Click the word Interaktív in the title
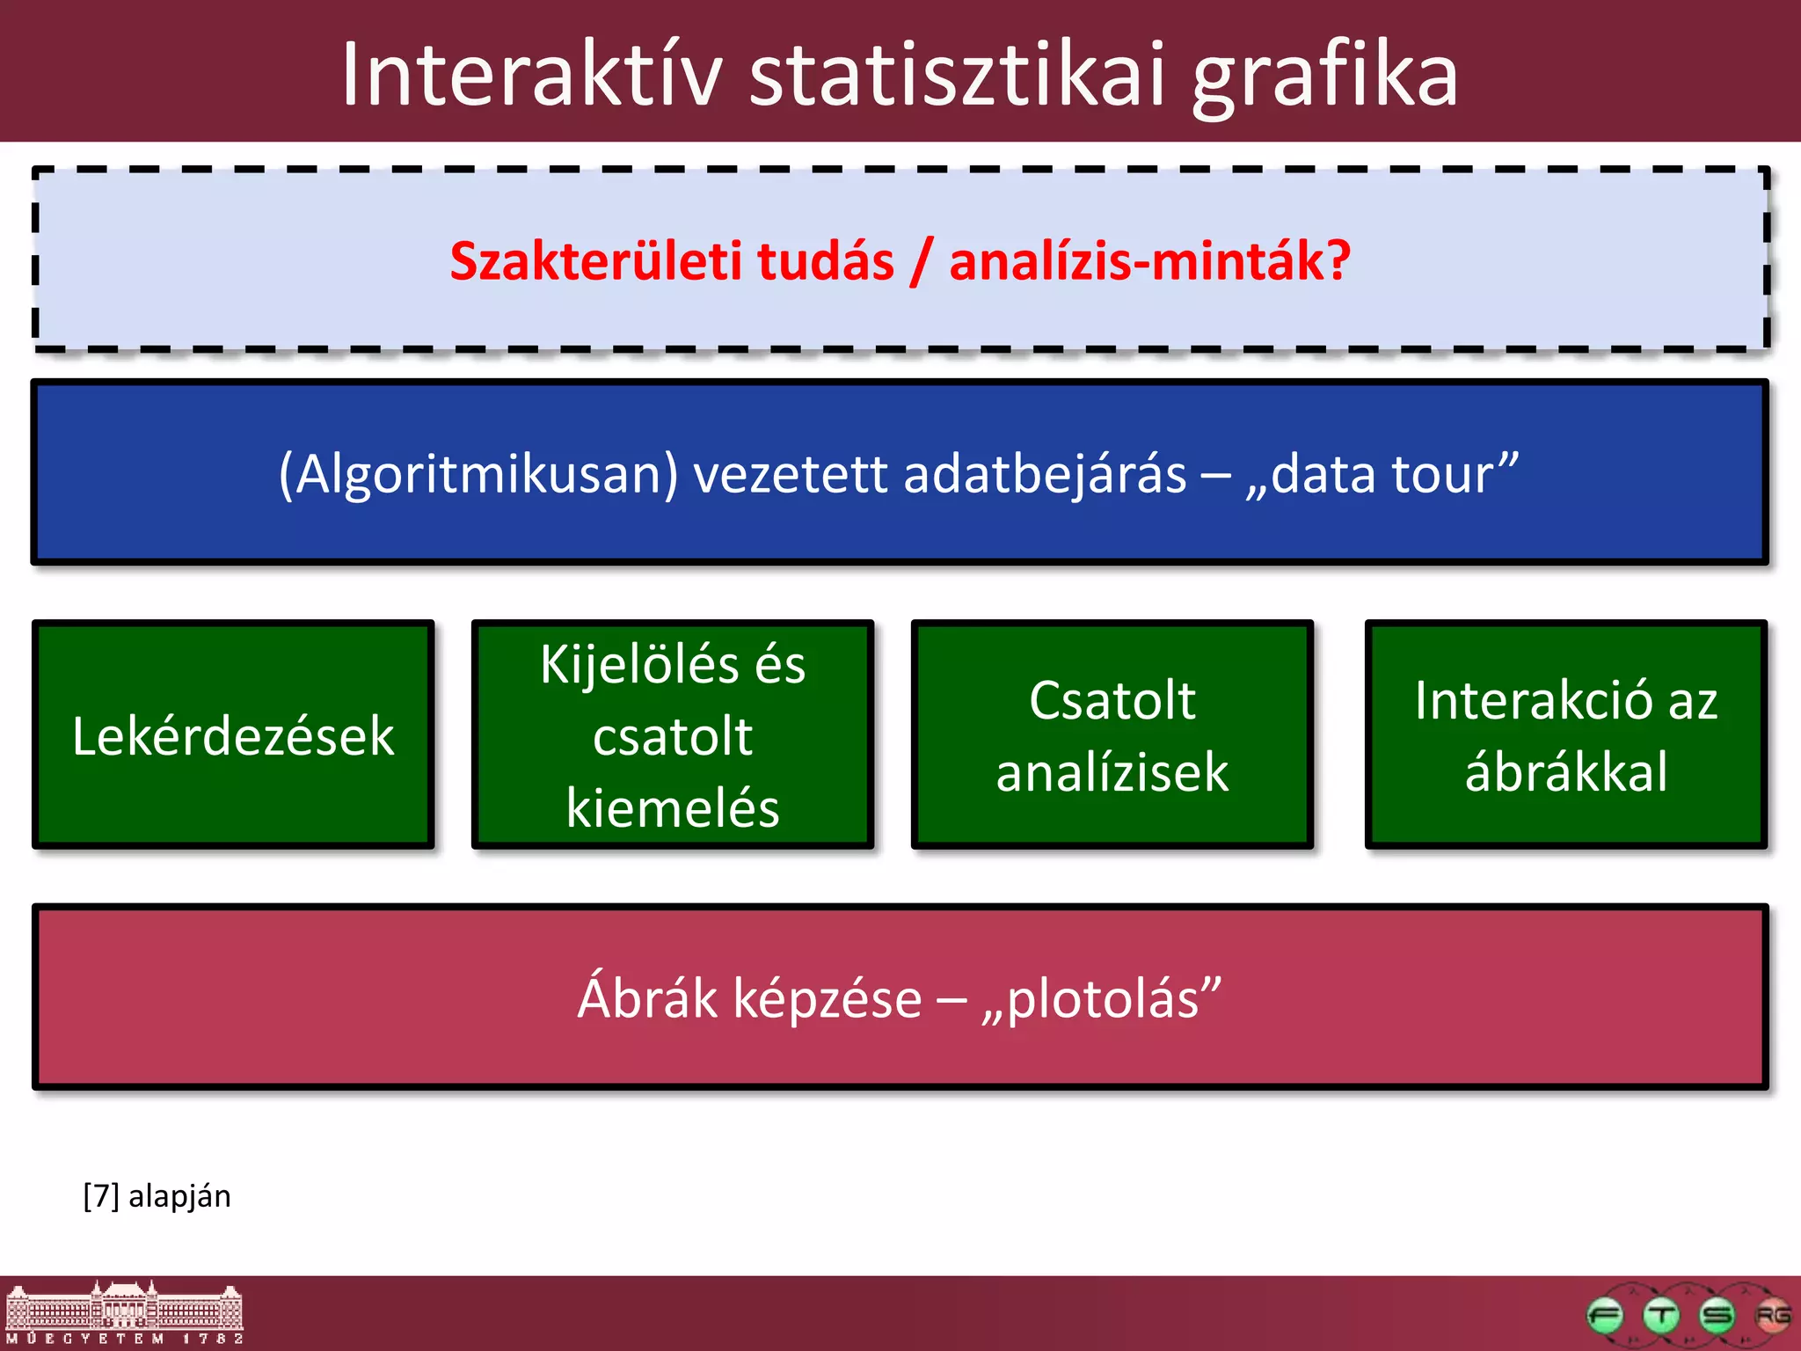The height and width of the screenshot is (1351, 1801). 531,76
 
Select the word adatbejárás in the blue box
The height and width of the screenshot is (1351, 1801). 1045,475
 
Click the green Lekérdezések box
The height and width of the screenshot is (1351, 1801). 233,735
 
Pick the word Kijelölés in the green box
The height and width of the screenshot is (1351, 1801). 639,665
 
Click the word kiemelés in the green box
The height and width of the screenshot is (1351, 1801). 673,807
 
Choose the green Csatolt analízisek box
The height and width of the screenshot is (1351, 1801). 1112,735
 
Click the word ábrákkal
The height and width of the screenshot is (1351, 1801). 1566,772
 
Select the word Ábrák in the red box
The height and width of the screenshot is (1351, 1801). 646,999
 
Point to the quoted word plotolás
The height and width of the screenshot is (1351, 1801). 1103,999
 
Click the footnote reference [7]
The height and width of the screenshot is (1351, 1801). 101,1196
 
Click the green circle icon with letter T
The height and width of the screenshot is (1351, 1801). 1661,1316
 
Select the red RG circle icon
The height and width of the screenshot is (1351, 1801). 1772,1316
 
